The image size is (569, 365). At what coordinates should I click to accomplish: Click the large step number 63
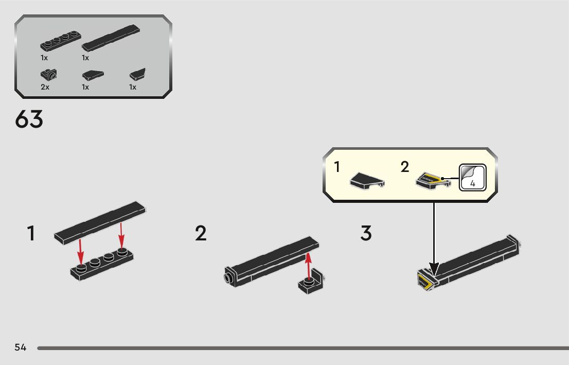[x=29, y=120]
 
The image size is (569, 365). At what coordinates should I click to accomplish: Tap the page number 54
[x=21, y=347]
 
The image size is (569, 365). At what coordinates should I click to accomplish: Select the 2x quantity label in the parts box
[x=45, y=87]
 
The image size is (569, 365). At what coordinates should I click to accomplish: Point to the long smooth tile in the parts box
[x=111, y=38]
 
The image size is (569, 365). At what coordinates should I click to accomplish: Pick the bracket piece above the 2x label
[x=49, y=75]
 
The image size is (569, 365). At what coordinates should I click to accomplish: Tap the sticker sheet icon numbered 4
[x=473, y=178]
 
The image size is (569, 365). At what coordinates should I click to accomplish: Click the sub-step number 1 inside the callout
[x=337, y=167]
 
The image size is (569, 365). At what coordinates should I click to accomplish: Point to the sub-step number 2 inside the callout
[x=405, y=167]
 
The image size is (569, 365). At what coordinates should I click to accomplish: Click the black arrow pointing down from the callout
[x=434, y=237]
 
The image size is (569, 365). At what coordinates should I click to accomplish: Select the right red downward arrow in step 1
[x=121, y=235]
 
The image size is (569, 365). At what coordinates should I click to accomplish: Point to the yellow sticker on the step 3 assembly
[x=424, y=282]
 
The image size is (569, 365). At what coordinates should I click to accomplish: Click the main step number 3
[x=366, y=234]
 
